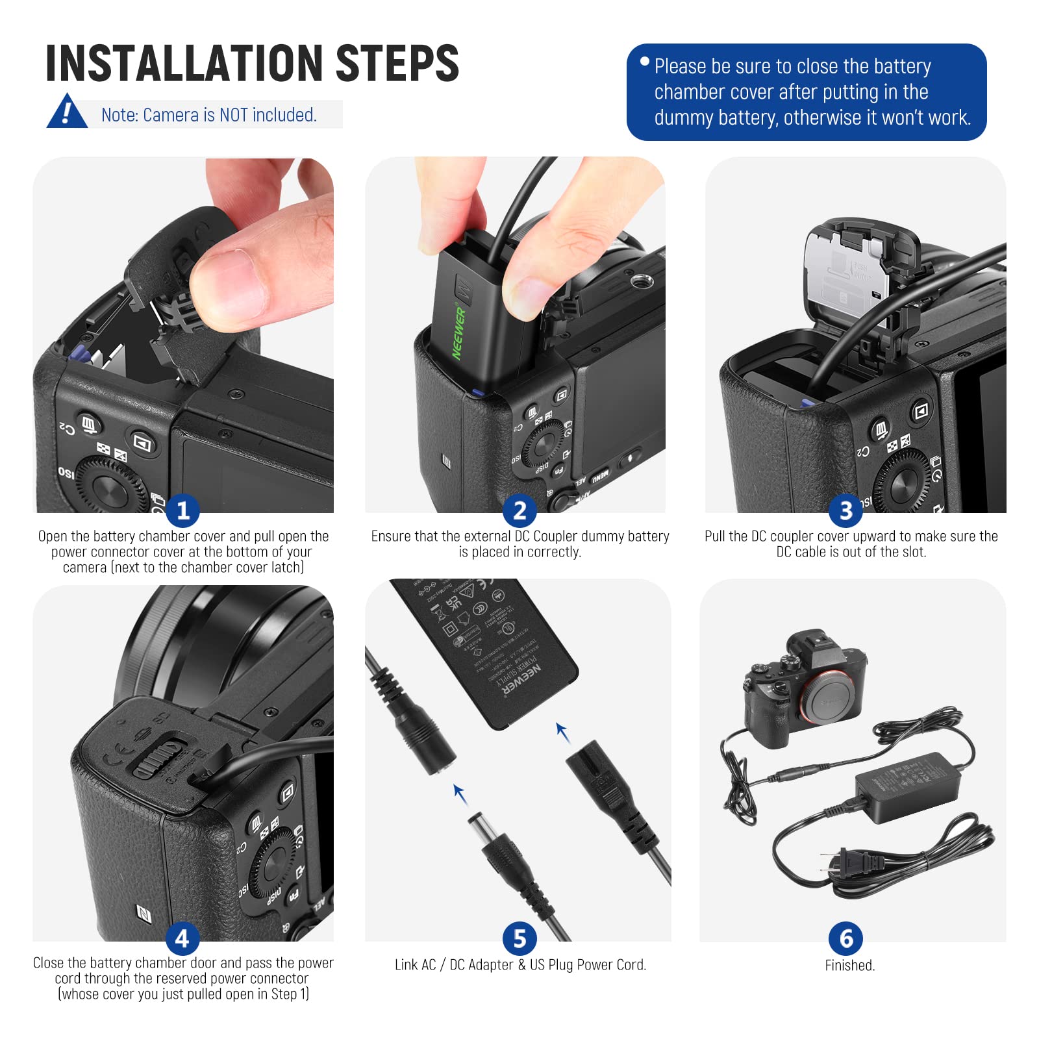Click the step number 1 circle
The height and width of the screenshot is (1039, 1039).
(x=182, y=510)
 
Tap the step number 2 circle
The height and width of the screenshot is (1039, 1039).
(x=519, y=510)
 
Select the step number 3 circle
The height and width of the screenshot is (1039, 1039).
(x=845, y=510)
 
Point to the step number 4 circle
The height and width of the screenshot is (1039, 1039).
(x=182, y=938)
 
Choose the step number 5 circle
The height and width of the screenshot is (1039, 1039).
(x=519, y=938)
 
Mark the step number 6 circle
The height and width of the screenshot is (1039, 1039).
(x=845, y=938)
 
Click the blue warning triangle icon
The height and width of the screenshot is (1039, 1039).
(x=66, y=112)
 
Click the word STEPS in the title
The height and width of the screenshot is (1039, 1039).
(x=397, y=64)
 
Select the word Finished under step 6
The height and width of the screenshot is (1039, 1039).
(x=849, y=966)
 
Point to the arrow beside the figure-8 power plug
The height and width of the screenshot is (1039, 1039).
(x=562, y=732)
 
